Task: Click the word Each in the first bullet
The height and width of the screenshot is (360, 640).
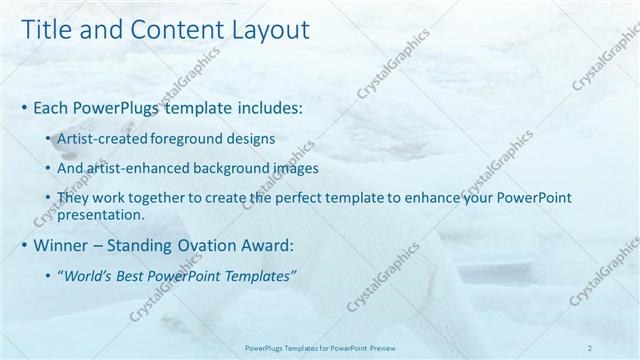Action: click(51, 105)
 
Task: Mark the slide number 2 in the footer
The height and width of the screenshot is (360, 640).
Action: click(589, 347)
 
